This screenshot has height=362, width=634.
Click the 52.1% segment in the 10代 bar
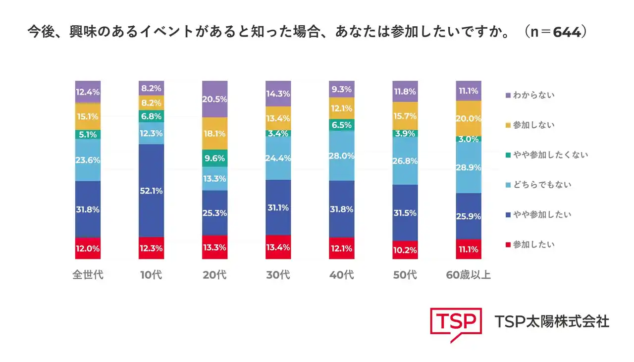151,191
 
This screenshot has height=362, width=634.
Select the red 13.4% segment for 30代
278,247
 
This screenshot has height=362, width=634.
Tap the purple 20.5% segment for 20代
215,99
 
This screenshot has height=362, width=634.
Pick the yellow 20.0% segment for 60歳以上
469,118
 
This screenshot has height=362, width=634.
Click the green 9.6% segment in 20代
215,158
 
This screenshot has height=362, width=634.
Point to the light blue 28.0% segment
342,156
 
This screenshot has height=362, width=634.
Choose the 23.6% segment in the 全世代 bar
88,160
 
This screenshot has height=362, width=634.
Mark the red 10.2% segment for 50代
405,250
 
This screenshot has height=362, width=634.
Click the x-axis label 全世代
88,274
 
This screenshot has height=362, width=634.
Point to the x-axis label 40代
342,274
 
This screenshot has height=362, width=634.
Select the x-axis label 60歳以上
468,274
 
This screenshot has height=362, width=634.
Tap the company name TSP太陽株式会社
552,321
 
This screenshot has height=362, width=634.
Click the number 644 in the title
566,32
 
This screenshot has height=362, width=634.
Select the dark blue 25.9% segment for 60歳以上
469,216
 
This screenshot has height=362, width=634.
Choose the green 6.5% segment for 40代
342,125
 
